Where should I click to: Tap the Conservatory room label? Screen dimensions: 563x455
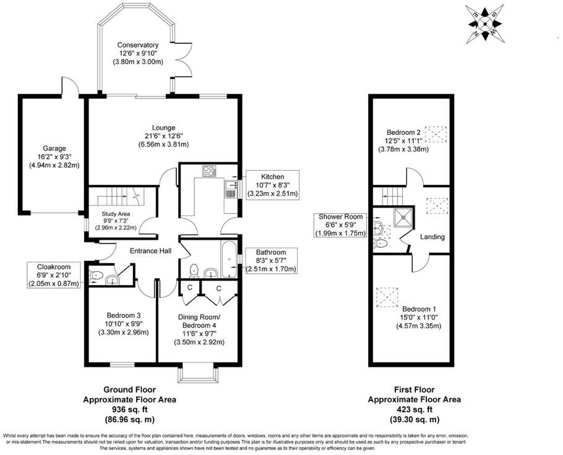coord(138,45)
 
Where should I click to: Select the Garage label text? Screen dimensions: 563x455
coord(54,148)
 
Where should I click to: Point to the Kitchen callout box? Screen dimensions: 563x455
coord(272,185)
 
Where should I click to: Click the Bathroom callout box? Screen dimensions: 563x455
coord(272,260)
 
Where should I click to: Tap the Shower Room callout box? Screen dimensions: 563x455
coord(342,225)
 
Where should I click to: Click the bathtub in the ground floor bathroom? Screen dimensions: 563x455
coord(227,260)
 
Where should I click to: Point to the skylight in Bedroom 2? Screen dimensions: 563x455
coord(437,134)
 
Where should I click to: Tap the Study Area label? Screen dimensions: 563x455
coord(117,215)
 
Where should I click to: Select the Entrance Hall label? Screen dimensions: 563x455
coord(149,251)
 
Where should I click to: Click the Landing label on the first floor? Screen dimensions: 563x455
coord(432,237)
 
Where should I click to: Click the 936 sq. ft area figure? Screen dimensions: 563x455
coord(129,410)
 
